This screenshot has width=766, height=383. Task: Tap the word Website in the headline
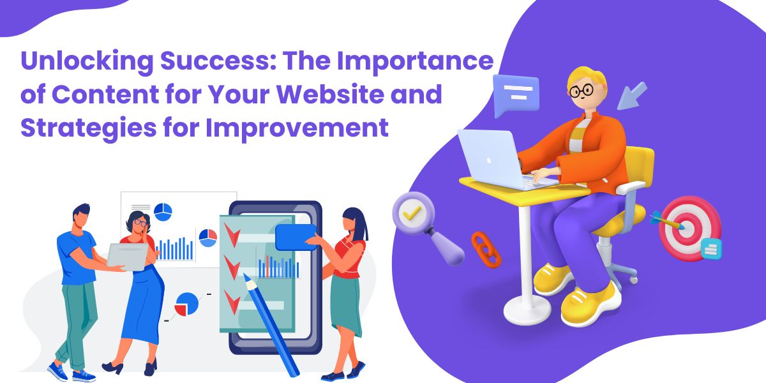pos(330,94)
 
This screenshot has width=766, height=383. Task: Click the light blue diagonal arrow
pos(632,96)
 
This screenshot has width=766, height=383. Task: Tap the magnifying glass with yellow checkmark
pos(427,227)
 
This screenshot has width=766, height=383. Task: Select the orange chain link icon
pos(486,250)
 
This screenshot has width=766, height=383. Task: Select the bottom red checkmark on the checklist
pos(232,301)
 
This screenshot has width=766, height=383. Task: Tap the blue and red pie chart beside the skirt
pos(186,304)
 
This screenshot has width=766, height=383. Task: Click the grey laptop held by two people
pos(127,257)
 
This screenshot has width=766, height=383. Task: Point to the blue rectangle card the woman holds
pos(296,237)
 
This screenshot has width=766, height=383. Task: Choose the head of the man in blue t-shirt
pos(81,216)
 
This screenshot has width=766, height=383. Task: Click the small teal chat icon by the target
pos(711,248)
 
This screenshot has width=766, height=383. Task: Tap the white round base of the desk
pos(527,310)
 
